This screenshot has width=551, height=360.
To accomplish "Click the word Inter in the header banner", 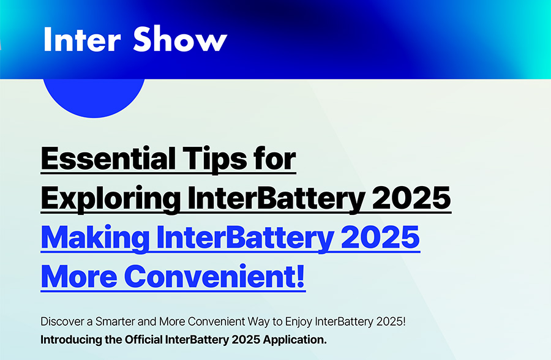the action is [x=82, y=39].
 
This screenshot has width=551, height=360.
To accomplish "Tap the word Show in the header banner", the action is [x=180, y=39].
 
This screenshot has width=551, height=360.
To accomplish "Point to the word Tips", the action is [x=216, y=160].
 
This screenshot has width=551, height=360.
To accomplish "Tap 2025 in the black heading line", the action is [x=411, y=198].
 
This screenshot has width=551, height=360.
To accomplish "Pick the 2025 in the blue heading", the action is [x=380, y=238].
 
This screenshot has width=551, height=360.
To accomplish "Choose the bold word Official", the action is [x=143, y=340].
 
